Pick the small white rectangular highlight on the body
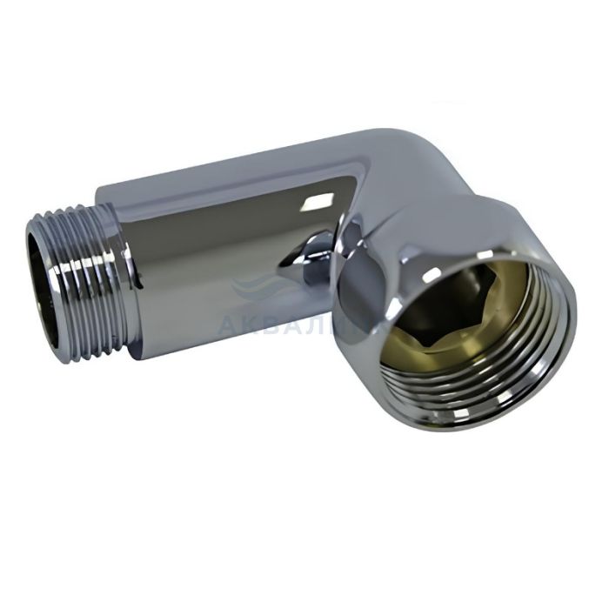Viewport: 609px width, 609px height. (311, 204)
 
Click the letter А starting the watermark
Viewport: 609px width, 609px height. (228, 325)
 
